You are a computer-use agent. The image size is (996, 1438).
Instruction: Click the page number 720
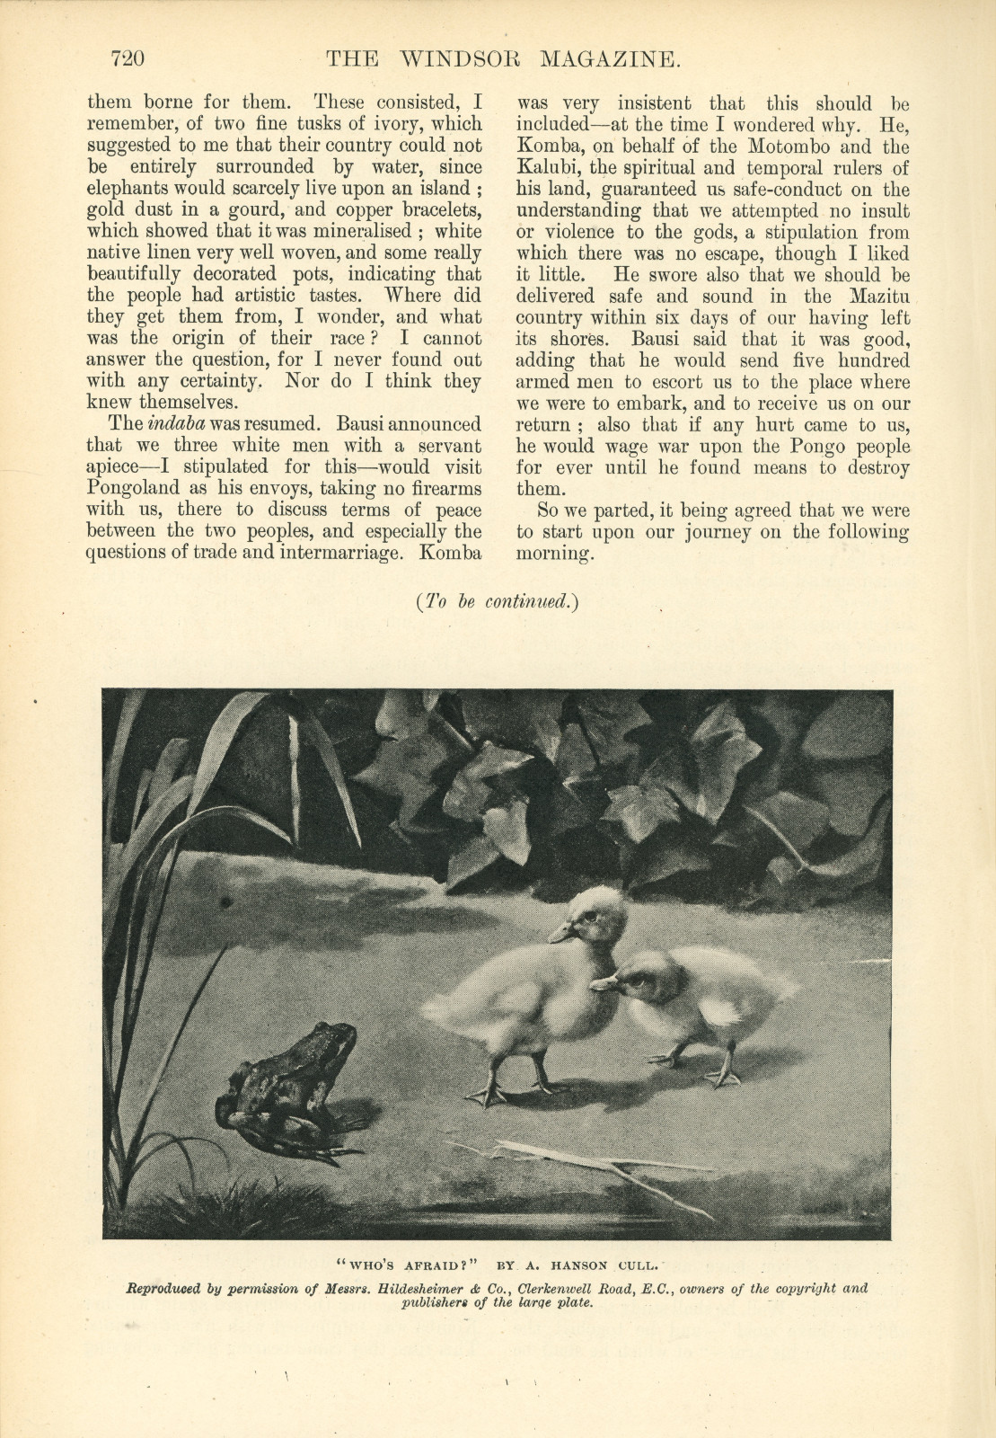coord(128,60)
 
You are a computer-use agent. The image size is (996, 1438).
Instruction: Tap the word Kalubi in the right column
coord(545,168)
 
